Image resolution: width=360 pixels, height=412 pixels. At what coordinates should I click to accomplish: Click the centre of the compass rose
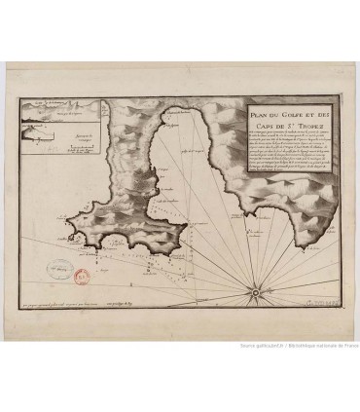click(255, 290)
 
